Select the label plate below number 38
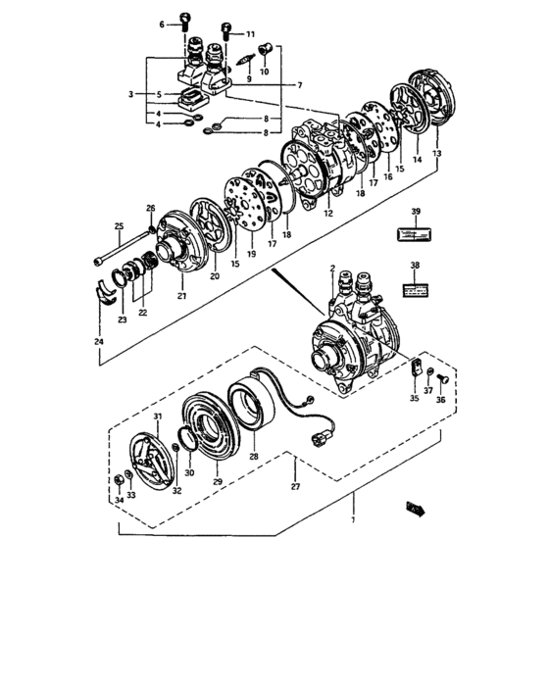[x=415, y=291]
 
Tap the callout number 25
[x=119, y=226]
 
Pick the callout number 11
[x=249, y=33]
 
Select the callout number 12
[x=327, y=214]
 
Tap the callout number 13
[x=437, y=155]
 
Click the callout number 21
[x=181, y=296]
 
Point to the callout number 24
[x=100, y=341]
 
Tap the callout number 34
[x=119, y=500]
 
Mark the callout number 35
[x=414, y=399]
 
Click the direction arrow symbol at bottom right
[x=416, y=508]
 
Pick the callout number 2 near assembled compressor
[x=332, y=269]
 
